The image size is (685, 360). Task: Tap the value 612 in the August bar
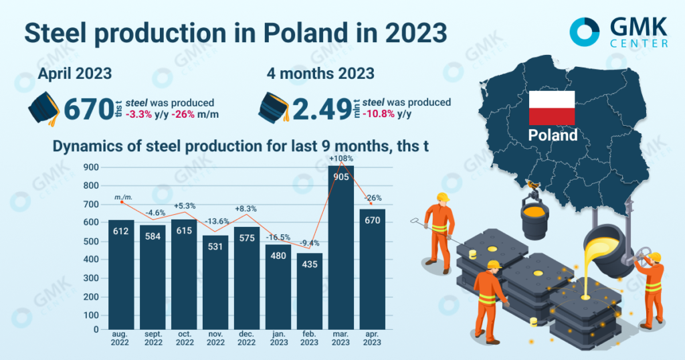(x=121, y=231)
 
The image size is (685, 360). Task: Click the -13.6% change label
(x=215, y=221)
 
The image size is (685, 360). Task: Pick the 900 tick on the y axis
(x=92, y=167)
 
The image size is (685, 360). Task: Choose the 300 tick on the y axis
(x=92, y=278)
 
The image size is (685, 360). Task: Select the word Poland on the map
(x=553, y=135)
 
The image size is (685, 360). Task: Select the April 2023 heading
(x=74, y=74)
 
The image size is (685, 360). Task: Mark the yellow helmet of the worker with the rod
(x=442, y=197)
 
